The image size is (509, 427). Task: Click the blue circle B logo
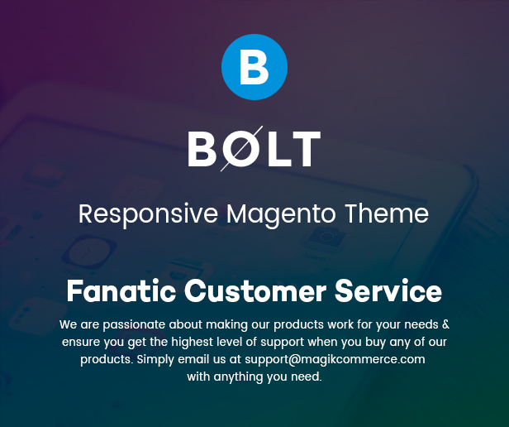[254, 67]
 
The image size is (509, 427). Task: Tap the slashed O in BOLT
[241, 149]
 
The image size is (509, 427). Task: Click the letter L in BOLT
[279, 149]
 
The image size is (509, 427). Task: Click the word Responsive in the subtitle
[148, 215]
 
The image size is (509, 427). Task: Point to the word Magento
[281, 215]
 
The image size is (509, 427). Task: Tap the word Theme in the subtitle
[387, 213]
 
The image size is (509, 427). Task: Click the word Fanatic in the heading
[121, 290]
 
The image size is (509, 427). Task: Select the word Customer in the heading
[255, 290]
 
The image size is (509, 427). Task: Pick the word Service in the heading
[388, 290]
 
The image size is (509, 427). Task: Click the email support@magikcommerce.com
[335, 360]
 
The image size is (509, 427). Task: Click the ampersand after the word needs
[445, 324]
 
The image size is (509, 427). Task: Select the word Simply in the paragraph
[155, 360]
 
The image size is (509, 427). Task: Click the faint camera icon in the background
[325, 238]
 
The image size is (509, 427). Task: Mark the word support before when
[283, 343]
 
